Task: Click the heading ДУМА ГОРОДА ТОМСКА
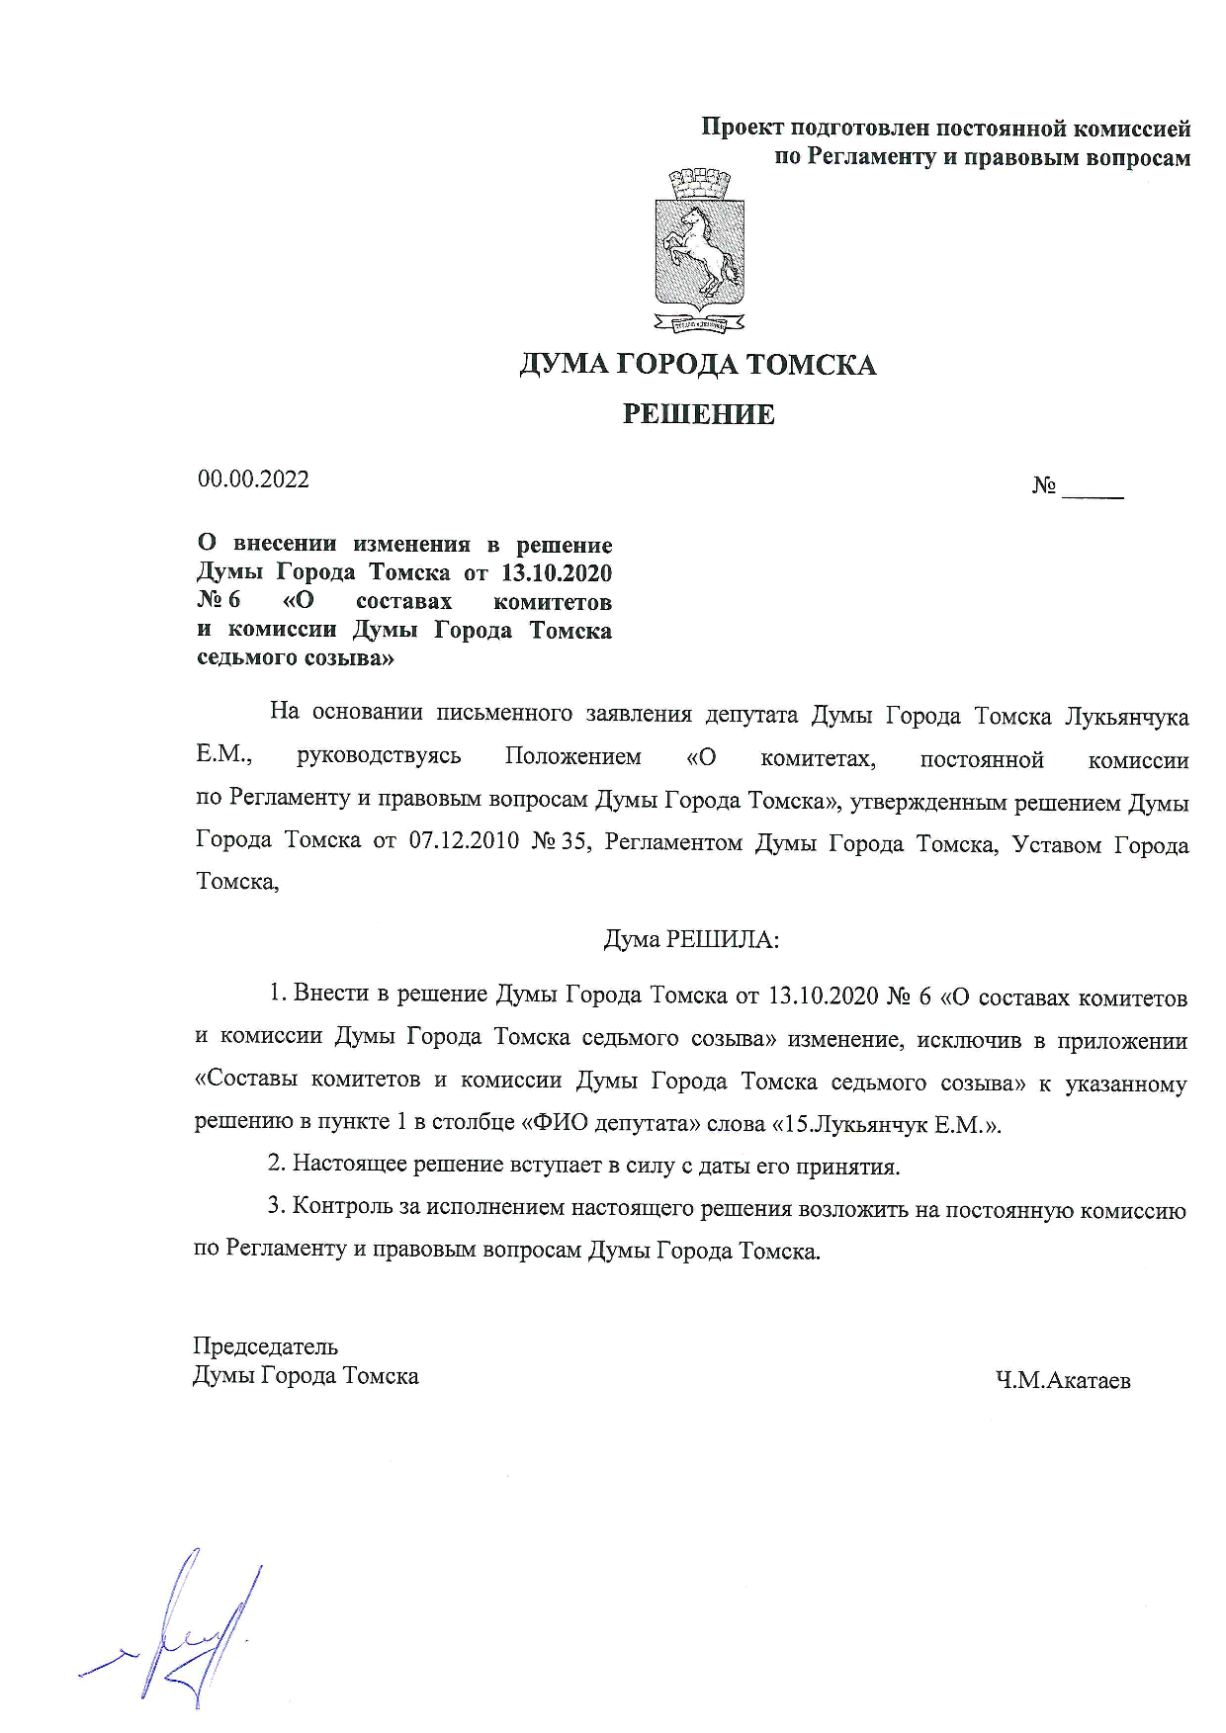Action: point(698,366)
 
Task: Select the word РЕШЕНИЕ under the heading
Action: point(698,415)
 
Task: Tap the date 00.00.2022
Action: point(253,480)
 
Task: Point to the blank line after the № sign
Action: point(1093,490)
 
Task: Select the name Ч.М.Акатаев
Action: point(1063,1380)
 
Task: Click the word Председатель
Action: point(265,1346)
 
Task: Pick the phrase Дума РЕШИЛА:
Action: point(691,938)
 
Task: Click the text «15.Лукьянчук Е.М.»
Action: point(886,1125)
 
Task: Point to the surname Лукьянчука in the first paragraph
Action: point(1126,716)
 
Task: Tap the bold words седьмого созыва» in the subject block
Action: point(296,657)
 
